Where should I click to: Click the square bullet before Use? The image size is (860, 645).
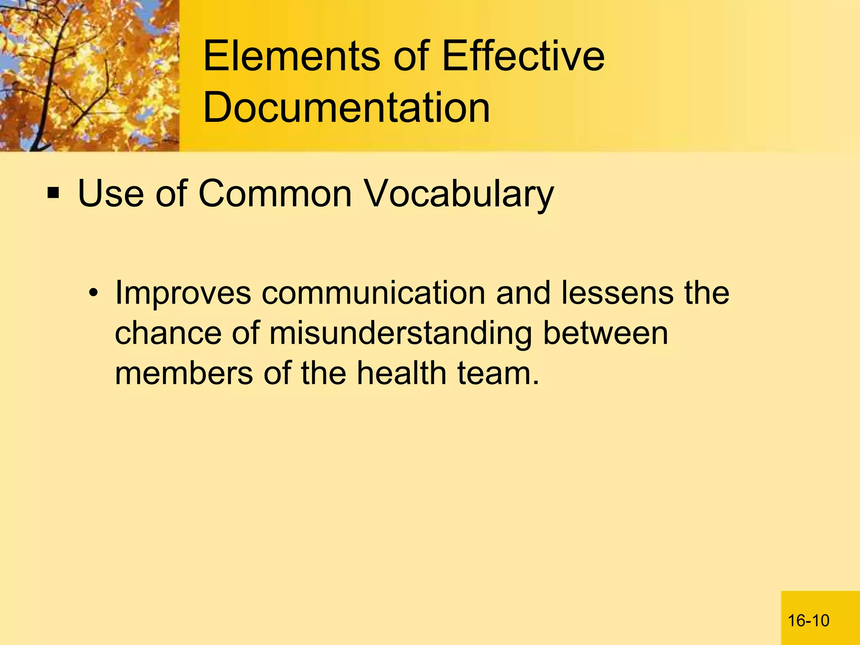[x=53, y=194]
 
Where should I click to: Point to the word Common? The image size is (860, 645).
[x=275, y=194]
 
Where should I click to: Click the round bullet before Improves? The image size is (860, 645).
[x=94, y=293]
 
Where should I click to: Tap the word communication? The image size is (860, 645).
[x=373, y=293]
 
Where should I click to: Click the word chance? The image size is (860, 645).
[x=168, y=333]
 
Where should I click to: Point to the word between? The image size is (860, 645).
[x=606, y=333]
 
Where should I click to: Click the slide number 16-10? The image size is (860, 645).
[x=808, y=620]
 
